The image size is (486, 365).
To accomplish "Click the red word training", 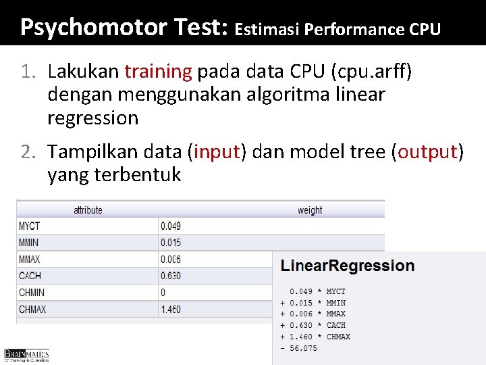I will (158, 70).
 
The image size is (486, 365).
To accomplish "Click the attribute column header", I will (88, 210).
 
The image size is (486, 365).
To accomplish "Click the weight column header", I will (310, 210).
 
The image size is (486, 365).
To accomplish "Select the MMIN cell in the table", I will (29, 242).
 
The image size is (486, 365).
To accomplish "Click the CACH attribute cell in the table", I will (30, 276).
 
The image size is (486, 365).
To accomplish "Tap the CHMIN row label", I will (31, 293).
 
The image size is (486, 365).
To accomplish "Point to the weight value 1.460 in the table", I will (171, 310).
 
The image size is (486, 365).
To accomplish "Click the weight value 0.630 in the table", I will (171, 276).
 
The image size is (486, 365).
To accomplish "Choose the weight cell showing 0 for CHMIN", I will (163, 293).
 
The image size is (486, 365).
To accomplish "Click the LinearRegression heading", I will (348, 266).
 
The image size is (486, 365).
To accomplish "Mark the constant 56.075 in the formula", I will (303, 348).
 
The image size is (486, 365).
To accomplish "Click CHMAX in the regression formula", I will (338, 337).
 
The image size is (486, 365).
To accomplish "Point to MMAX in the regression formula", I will (335, 314).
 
